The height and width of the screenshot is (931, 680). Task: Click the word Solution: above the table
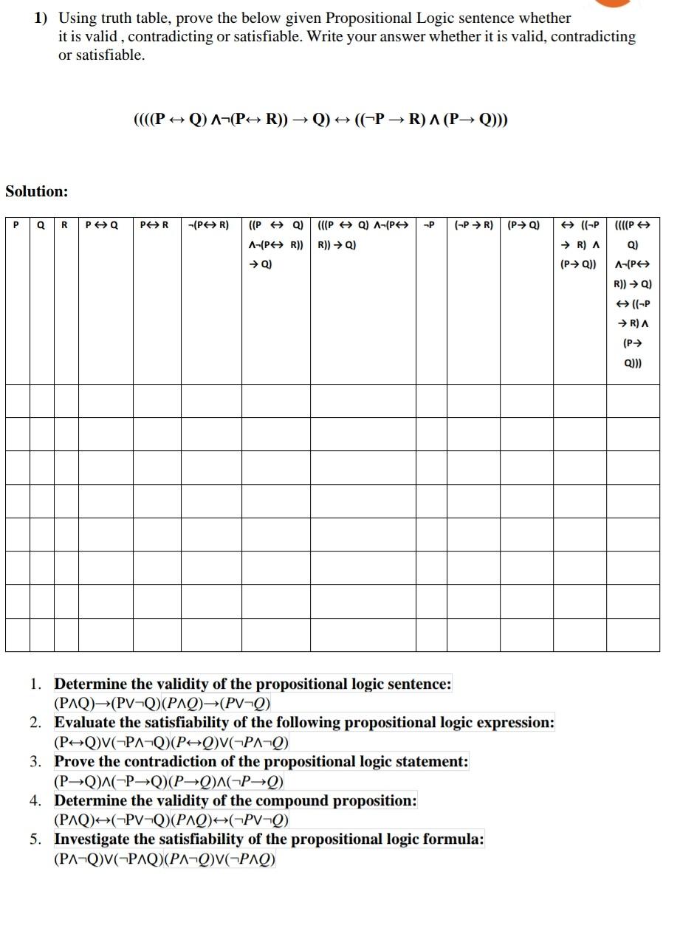point(36,191)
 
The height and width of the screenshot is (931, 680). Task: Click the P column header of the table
point(17,224)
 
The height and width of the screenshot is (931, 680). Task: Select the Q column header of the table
point(41,224)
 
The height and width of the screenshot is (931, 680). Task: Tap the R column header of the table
point(65,224)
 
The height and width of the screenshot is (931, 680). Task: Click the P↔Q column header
point(102,224)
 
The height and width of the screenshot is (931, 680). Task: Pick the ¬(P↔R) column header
point(210,224)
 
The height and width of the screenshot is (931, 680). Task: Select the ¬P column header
point(430,224)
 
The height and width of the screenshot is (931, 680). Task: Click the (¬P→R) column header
point(474,224)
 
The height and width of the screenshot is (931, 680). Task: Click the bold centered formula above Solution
point(320,120)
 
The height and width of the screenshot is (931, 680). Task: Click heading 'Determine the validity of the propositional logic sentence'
point(253,684)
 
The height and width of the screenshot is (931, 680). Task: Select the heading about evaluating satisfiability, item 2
point(303,722)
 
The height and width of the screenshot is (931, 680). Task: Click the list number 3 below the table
point(36,761)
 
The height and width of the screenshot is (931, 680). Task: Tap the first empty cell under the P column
point(17,400)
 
